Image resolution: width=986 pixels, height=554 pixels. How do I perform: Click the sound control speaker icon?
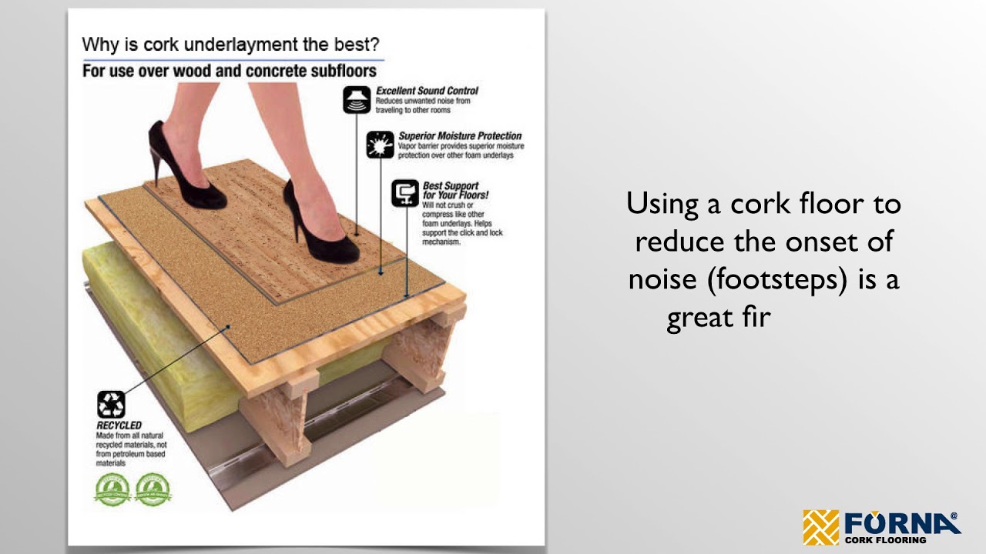click(356, 100)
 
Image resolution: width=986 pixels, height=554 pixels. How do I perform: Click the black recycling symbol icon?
click(111, 405)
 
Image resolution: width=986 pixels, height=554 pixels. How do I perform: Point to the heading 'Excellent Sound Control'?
click(427, 91)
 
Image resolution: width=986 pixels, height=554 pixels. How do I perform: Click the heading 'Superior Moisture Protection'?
click(460, 136)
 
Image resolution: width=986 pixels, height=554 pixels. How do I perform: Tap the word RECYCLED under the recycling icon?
click(119, 426)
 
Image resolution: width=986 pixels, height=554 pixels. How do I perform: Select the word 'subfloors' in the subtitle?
click(344, 72)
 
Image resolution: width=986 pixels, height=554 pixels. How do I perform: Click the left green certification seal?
click(112, 489)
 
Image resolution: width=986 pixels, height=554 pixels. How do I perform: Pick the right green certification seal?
click(153, 489)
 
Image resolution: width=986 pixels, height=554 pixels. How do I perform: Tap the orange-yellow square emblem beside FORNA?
click(821, 527)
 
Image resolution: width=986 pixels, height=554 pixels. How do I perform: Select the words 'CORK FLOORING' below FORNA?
click(885, 540)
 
